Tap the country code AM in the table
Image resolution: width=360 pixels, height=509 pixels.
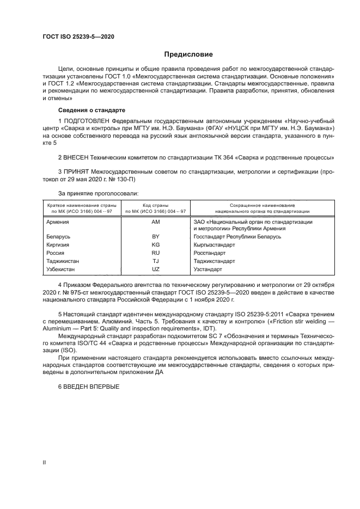pyautogui.click(x=156, y=222)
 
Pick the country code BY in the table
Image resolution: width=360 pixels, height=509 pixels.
pyautogui.click(x=156, y=237)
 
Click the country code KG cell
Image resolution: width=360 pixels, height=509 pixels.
pyautogui.click(x=156, y=246)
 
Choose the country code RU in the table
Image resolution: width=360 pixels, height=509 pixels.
pyautogui.click(x=156, y=253)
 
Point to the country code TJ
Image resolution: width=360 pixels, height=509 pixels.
pyautogui.click(x=156, y=261)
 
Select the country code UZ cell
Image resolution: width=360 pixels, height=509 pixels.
pyautogui.click(x=156, y=269)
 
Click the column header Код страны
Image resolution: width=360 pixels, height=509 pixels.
pyautogui.click(x=156, y=205)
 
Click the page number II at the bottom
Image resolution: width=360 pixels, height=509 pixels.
pyautogui.click(x=45, y=462)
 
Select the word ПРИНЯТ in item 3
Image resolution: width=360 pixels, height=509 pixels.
pyautogui.click(x=77, y=173)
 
